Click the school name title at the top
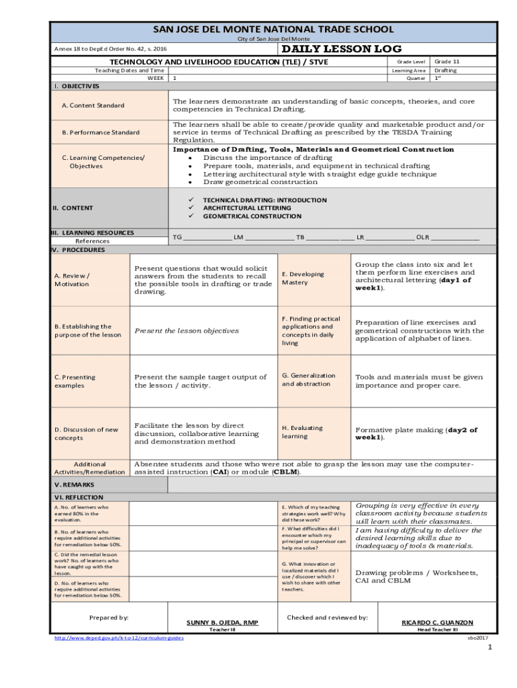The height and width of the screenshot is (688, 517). pyautogui.click(x=273, y=30)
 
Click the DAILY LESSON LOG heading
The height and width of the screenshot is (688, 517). pyautogui.click(x=341, y=49)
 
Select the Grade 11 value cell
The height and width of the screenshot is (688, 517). pyautogui.click(x=447, y=61)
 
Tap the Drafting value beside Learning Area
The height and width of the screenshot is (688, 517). pyautogui.click(x=445, y=70)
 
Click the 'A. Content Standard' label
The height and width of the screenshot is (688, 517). pyautogui.click(x=93, y=105)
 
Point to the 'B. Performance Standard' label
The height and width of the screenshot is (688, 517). pyautogui.click(x=101, y=132)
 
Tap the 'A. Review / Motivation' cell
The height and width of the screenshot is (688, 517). pyautogui.click(x=72, y=279)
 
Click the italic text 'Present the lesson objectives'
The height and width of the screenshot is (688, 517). pyautogui.click(x=187, y=331)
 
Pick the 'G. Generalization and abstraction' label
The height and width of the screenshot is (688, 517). pyautogui.click(x=308, y=380)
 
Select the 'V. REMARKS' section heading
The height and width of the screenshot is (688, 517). pyautogui.click(x=74, y=484)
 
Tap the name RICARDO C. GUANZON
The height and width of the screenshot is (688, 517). pyautogui.click(x=437, y=623)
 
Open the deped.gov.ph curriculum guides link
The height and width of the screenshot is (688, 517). pyautogui.click(x=119, y=638)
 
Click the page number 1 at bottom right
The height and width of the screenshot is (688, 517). pyautogui.click(x=490, y=648)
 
